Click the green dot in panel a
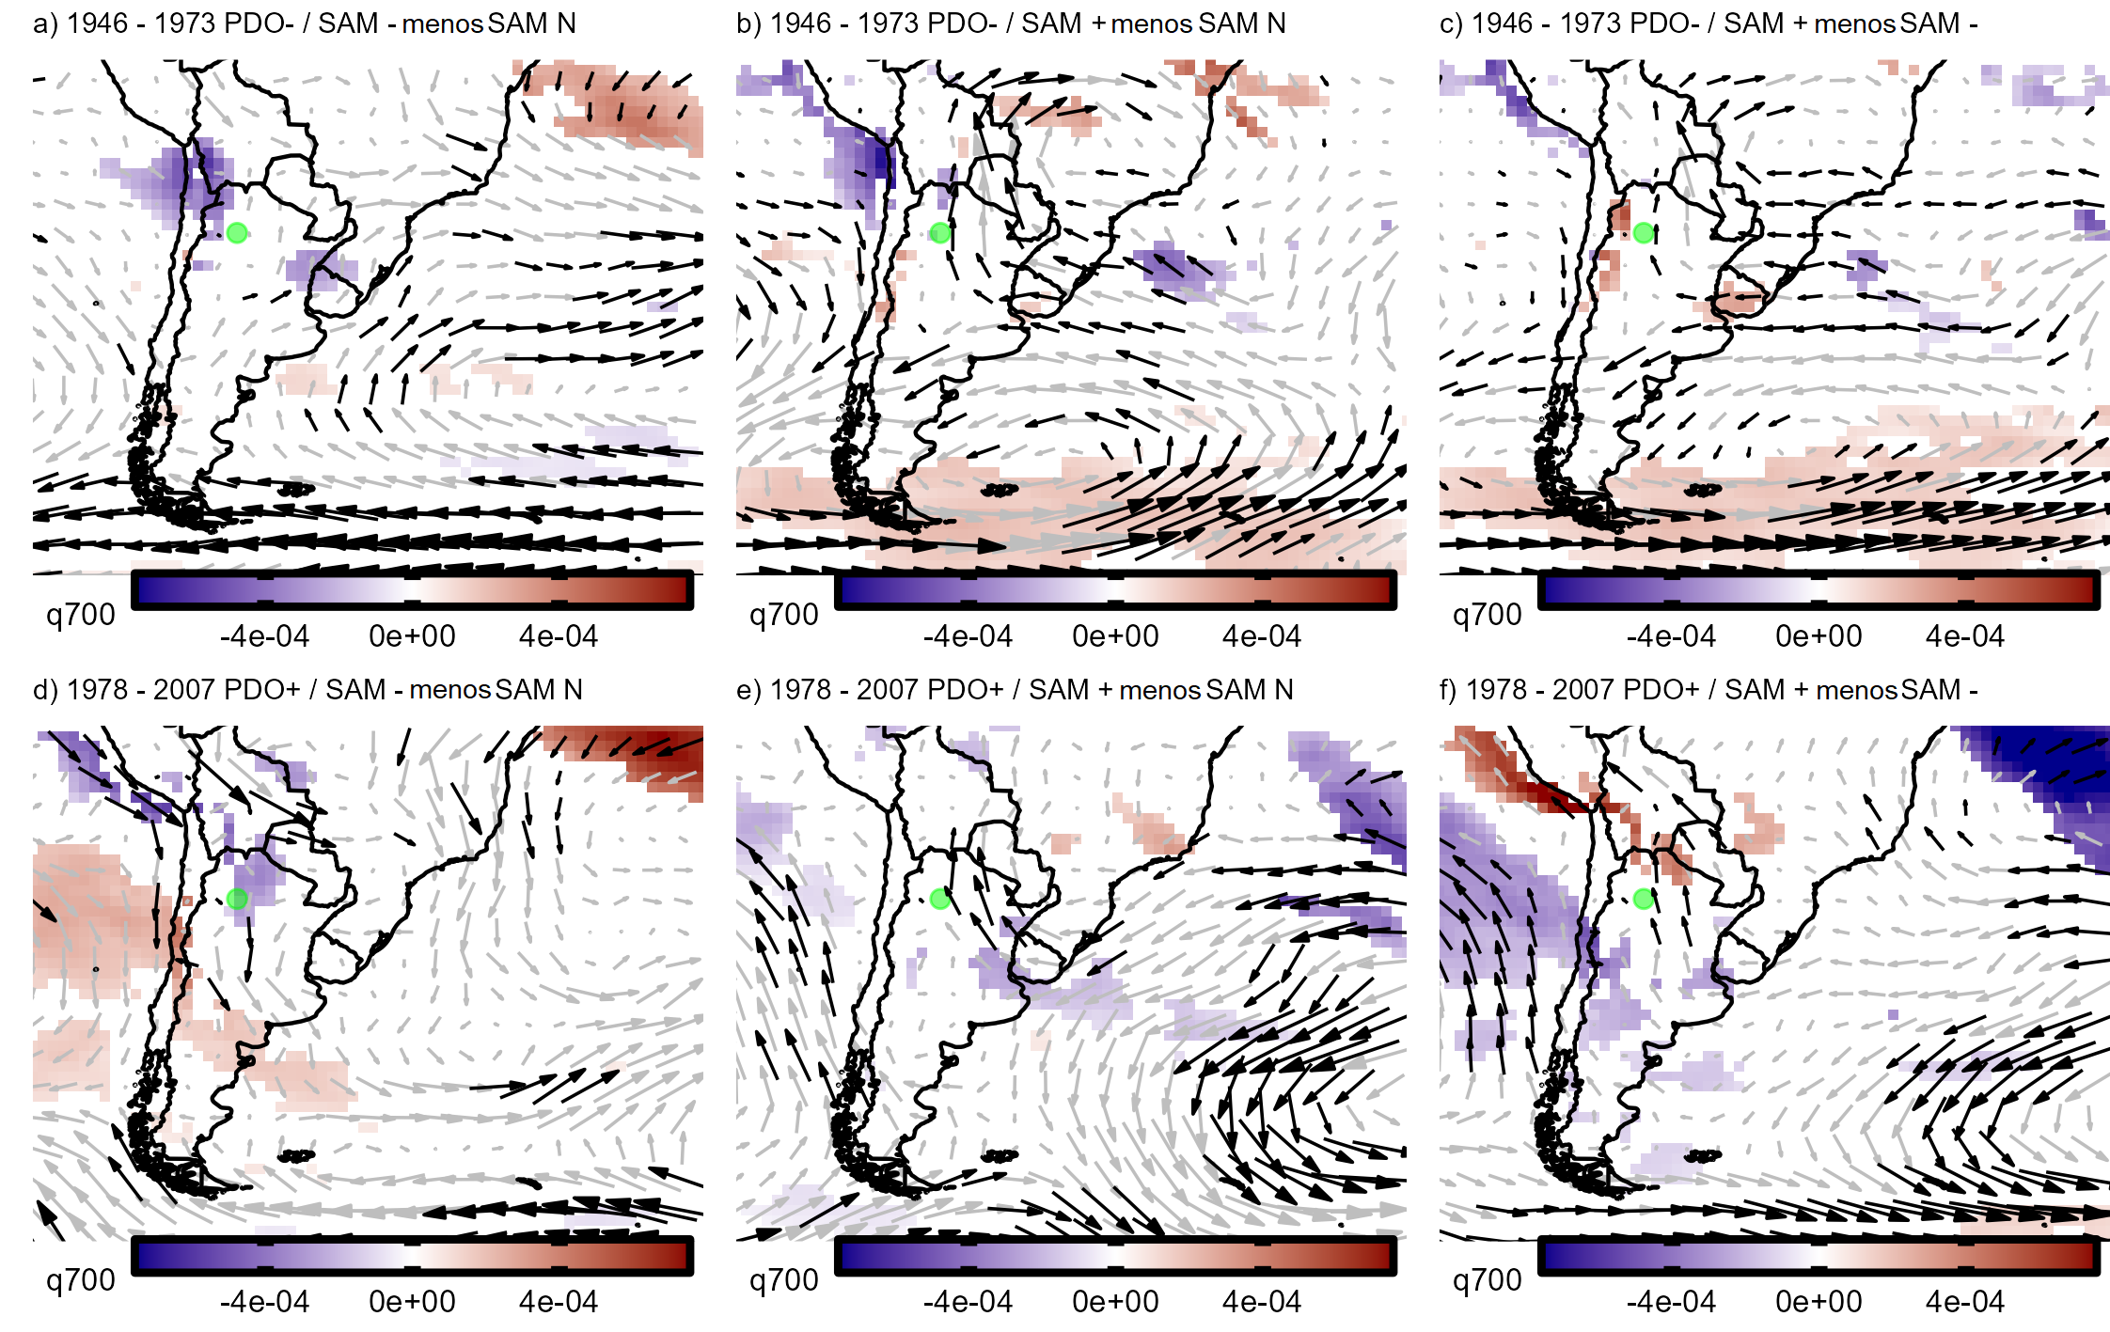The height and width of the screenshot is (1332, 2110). coord(237,233)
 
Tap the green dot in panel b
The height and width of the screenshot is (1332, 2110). coord(940,233)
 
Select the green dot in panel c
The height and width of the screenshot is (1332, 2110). coord(1644,233)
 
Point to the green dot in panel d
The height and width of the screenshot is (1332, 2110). coord(237,899)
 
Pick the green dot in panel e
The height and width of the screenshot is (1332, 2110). coord(940,899)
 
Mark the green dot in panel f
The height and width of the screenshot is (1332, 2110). coord(1644,899)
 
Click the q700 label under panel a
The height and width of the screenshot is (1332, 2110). coord(81,615)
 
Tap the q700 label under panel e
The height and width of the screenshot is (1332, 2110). coord(784,1280)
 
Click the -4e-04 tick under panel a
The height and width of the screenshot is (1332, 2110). coord(264,636)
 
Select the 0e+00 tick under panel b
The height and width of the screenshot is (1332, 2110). coord(1115,636)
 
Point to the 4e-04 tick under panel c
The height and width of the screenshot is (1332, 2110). coord(1965,636)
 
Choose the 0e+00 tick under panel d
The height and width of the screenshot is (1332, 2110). coord(412,1302)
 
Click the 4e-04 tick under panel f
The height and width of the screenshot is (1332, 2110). coord(1965,1302)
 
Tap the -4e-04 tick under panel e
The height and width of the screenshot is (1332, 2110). coord(968,1302)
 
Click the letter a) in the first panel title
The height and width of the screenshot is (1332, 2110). coord(44,24)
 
